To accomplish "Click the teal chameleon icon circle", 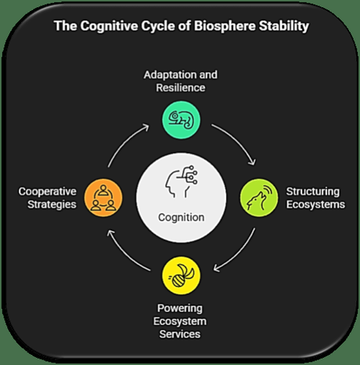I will [180, 121].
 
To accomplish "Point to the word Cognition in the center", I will [179, 216].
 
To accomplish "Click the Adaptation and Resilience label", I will [180, 81].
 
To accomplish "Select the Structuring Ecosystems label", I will [312, 197].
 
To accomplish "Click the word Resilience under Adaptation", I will [180, 88].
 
